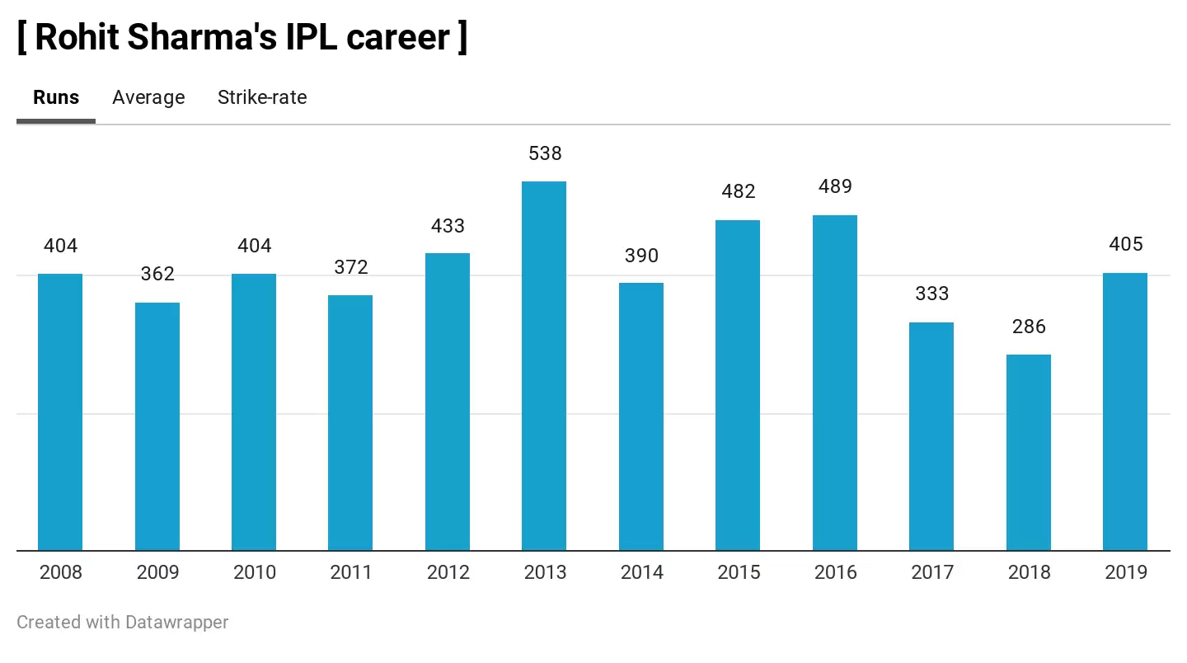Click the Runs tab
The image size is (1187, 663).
[56, 97]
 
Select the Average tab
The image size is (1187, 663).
[148, 97]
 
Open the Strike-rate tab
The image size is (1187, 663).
[262, 97]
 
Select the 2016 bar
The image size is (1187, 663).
[835, 383]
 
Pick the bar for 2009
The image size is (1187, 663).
[157, 426]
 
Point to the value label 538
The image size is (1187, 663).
[544, 153]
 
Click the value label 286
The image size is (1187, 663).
[1028, 327]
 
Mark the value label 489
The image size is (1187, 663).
[835, 187]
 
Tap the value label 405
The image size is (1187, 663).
[1125, 244]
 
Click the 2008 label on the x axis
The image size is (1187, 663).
[61, 572]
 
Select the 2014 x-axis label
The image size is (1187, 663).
[641, 572]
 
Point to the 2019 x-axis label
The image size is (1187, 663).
[1125, 572]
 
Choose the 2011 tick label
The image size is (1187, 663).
[351, 572]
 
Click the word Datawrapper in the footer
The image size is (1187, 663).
[176, 622]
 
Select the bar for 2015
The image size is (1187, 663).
[738, 385]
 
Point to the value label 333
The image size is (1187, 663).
[931, 294]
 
